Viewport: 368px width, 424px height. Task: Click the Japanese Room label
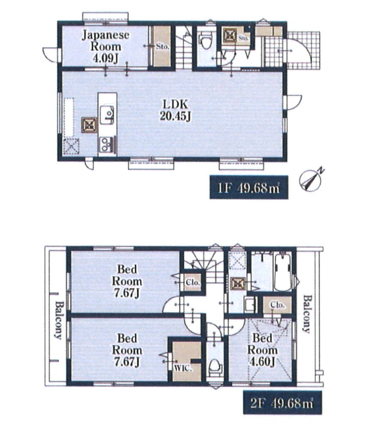point(106,46)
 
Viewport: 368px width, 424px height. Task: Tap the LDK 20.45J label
point(175,110)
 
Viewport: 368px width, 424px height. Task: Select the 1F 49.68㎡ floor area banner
point(249,187)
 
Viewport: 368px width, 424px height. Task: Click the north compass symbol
point(311,179)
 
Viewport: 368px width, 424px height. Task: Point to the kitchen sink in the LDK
point(107,115)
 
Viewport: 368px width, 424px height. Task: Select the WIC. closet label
point(183,368)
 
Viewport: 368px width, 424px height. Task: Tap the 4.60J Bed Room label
point(262,350)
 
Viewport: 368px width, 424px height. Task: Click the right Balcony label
point(306,314)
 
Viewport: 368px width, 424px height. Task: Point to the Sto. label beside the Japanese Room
point(162,46)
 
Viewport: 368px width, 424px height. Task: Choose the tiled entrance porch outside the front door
point(292,50)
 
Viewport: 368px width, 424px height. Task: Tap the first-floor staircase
point(184,47)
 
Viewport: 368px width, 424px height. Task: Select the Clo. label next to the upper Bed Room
point(193,283)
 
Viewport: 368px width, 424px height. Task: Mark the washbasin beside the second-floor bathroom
point(250,305)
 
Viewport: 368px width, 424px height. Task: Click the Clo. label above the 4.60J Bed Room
point(278,305)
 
